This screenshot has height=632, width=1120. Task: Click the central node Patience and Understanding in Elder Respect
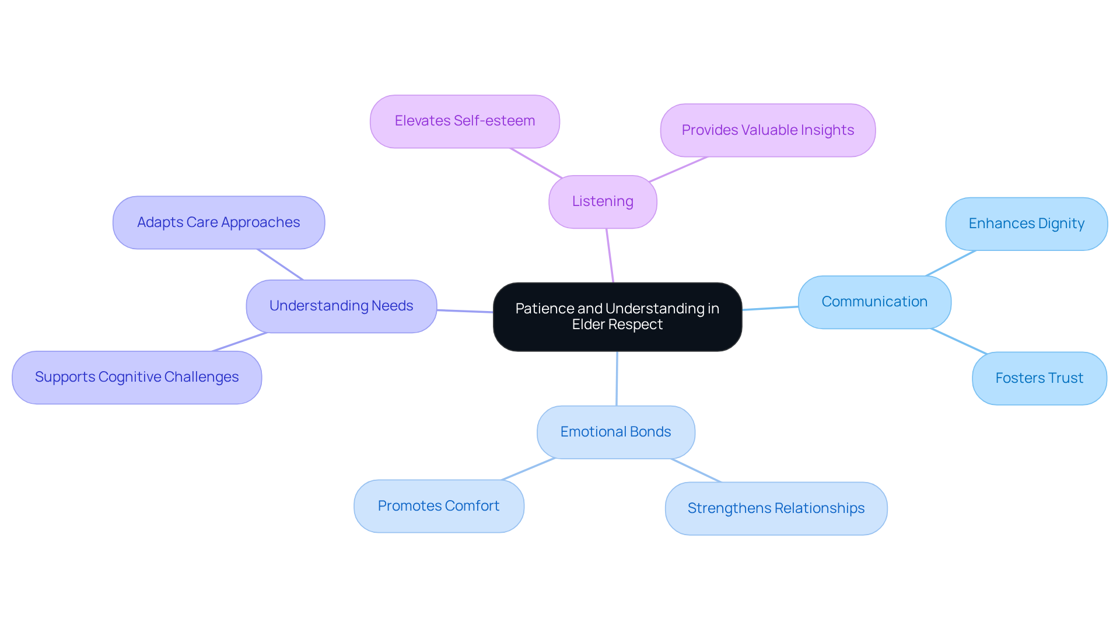tap(617, 316)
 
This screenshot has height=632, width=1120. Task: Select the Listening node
tap(603, 201)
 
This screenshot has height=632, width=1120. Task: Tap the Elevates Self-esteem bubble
tap(464, 121)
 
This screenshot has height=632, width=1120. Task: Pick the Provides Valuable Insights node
tap(767, 130)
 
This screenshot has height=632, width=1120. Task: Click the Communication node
tap(874, 302)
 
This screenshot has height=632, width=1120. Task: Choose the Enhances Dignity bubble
tap(1026, 224)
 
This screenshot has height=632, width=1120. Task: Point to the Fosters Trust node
tap(1039, 378)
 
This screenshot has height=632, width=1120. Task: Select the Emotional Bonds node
tap(615, 432)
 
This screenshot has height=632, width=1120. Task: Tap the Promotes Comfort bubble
tap(439, 506)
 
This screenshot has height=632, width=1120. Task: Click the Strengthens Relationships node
tap(776, 508)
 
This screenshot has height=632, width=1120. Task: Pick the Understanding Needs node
tap(341, 306)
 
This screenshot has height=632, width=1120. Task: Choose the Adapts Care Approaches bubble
tap(218, 222)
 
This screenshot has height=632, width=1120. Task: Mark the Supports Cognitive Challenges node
tap(136, 377)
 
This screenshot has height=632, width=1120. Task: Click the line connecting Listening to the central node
tap(610, 256)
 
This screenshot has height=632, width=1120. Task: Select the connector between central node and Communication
tap(770, 308)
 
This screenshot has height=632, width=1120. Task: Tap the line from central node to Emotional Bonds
tap(617, 378)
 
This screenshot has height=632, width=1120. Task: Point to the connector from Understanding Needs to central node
tap(465, 311)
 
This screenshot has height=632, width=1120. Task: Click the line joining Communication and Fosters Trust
tap(959, 341)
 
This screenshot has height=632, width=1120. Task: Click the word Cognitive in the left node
tap(129, 377)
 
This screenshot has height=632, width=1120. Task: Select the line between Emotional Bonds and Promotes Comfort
tap(528, 469)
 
